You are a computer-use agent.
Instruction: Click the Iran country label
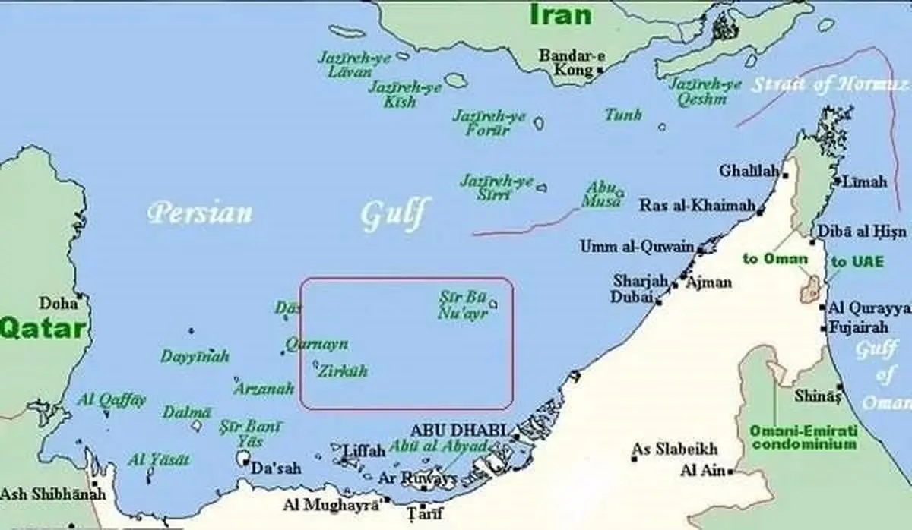click(561, 14)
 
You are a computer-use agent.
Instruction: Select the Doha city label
click(59, 303)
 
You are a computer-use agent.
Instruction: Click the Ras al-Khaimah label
click(697, 206)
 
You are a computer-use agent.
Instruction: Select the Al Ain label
click(703, 471)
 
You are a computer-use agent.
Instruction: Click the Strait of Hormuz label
click(828, 84)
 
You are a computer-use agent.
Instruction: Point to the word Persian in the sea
click(199, 212)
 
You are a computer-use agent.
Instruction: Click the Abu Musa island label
click(600, 194)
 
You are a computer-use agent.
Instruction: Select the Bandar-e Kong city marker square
click(600, 70)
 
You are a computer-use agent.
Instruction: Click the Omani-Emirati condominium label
click(803, 437)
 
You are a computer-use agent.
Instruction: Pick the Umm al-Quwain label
click(637, 247)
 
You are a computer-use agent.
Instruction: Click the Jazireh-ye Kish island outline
click(456, 80)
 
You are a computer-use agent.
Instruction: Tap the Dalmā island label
click(186, 412)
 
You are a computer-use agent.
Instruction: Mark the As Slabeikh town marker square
click(635, 459)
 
